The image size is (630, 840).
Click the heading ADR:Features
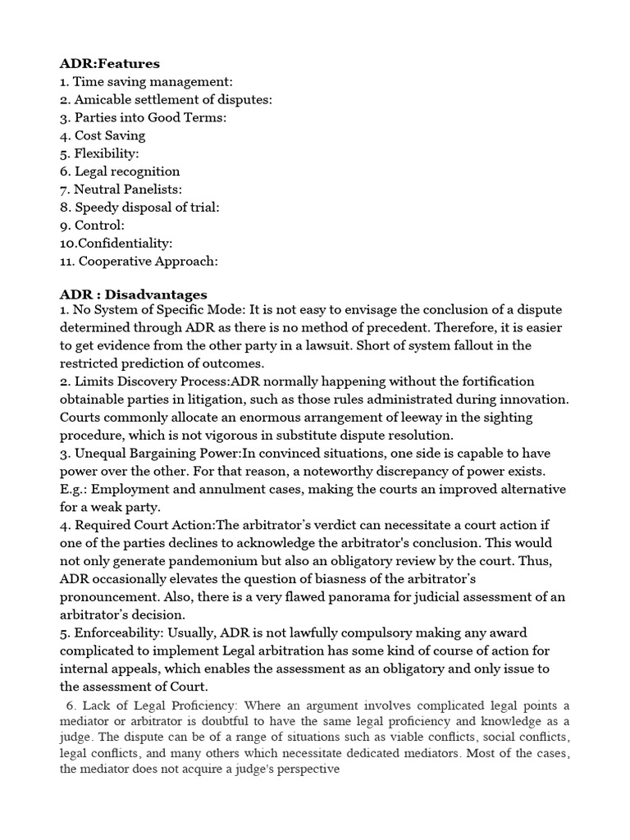point(110,63)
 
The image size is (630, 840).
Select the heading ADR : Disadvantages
point(133,294)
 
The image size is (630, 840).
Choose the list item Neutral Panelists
point(121,189)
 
